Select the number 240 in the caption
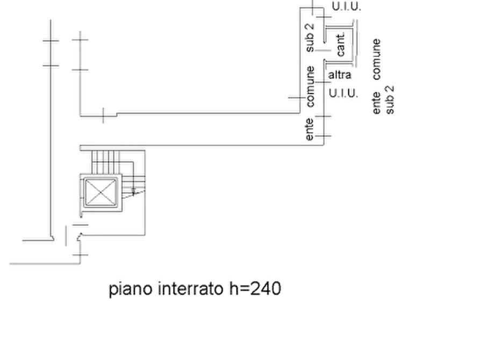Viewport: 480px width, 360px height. [x=266, y=289]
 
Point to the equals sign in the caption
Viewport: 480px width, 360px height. [x=244, y=289]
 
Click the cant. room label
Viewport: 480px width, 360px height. [x=341, y=45]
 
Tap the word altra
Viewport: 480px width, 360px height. [x=340, y=75]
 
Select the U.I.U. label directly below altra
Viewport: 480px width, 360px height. [x=343, y=93]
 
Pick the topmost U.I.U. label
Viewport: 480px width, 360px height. [x=346, y=7]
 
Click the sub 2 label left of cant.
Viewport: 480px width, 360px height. [x=310, y=38]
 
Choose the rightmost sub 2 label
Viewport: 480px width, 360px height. [x=390, y=100]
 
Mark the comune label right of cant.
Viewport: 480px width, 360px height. [x=377, y=59]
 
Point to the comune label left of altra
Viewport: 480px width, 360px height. [x=310, y=87]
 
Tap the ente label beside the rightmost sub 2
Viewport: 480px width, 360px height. [x=376, y=103]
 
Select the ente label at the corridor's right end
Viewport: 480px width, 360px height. [x=310, y=129]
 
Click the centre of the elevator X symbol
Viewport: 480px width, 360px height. [x=101, y=192]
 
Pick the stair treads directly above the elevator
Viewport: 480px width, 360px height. [x=105, y=162]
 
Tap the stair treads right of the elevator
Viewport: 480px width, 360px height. [x=133, y=184]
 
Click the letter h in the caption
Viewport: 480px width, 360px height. [x=234, y=289]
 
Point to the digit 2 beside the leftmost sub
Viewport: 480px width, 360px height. [x=310, y=27]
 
